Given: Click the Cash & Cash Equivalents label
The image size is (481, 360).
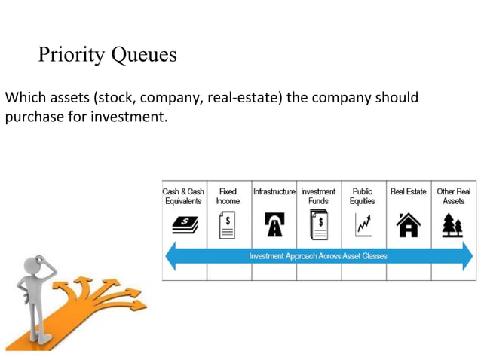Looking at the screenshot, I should click(x=184, y=196).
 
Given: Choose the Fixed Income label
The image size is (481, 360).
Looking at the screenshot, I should click(x=228, y=196).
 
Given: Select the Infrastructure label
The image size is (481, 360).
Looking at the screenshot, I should click(x=274, y=191).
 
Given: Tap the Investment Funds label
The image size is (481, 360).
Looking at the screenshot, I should click(x=318, y=196).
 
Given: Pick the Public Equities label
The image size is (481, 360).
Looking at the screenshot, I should click(x=362, y=196).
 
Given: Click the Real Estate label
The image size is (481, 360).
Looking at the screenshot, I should click(x=408, y=191).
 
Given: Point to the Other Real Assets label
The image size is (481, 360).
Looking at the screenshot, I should click(x=453, y=196).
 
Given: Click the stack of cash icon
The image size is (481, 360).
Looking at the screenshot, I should click(x=184, y=224).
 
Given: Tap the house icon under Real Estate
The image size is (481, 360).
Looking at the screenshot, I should click(x=408, y=224).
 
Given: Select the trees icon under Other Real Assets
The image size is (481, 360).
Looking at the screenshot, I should click(x=453, y=224).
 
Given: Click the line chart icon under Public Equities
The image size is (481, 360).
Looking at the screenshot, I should click(x=363, y=224).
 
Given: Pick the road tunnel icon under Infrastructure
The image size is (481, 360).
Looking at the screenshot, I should click(x=274, y=224).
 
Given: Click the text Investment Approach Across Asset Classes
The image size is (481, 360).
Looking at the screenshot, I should click(x=318, y=256).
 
